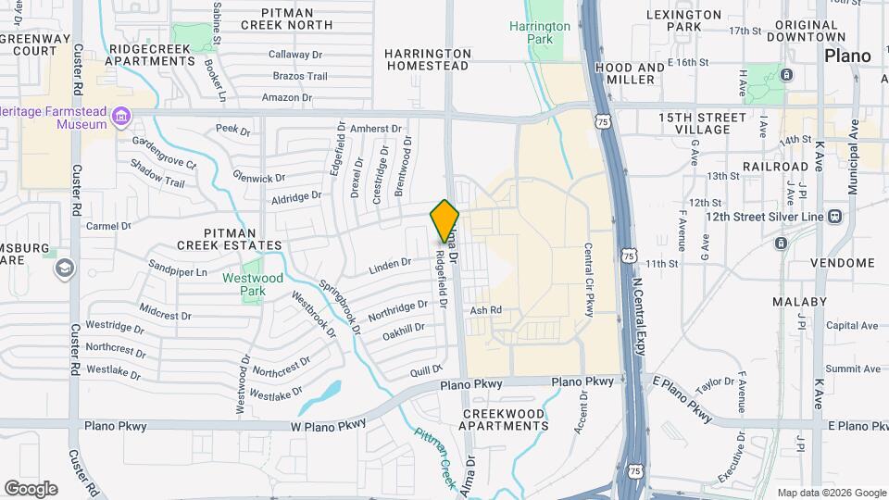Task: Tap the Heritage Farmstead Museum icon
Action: [120, 116]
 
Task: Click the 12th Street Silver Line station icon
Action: [835, 216]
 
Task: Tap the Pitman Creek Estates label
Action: [230, 239]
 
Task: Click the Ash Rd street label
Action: [485, 310]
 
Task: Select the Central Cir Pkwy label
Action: [588, 280]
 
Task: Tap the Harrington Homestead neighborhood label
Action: [429, 60]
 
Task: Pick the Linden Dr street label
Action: [389, 264]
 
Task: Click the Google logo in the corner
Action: [31, 489]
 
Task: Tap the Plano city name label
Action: [848, 56]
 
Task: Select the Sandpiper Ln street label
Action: [178, 273]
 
